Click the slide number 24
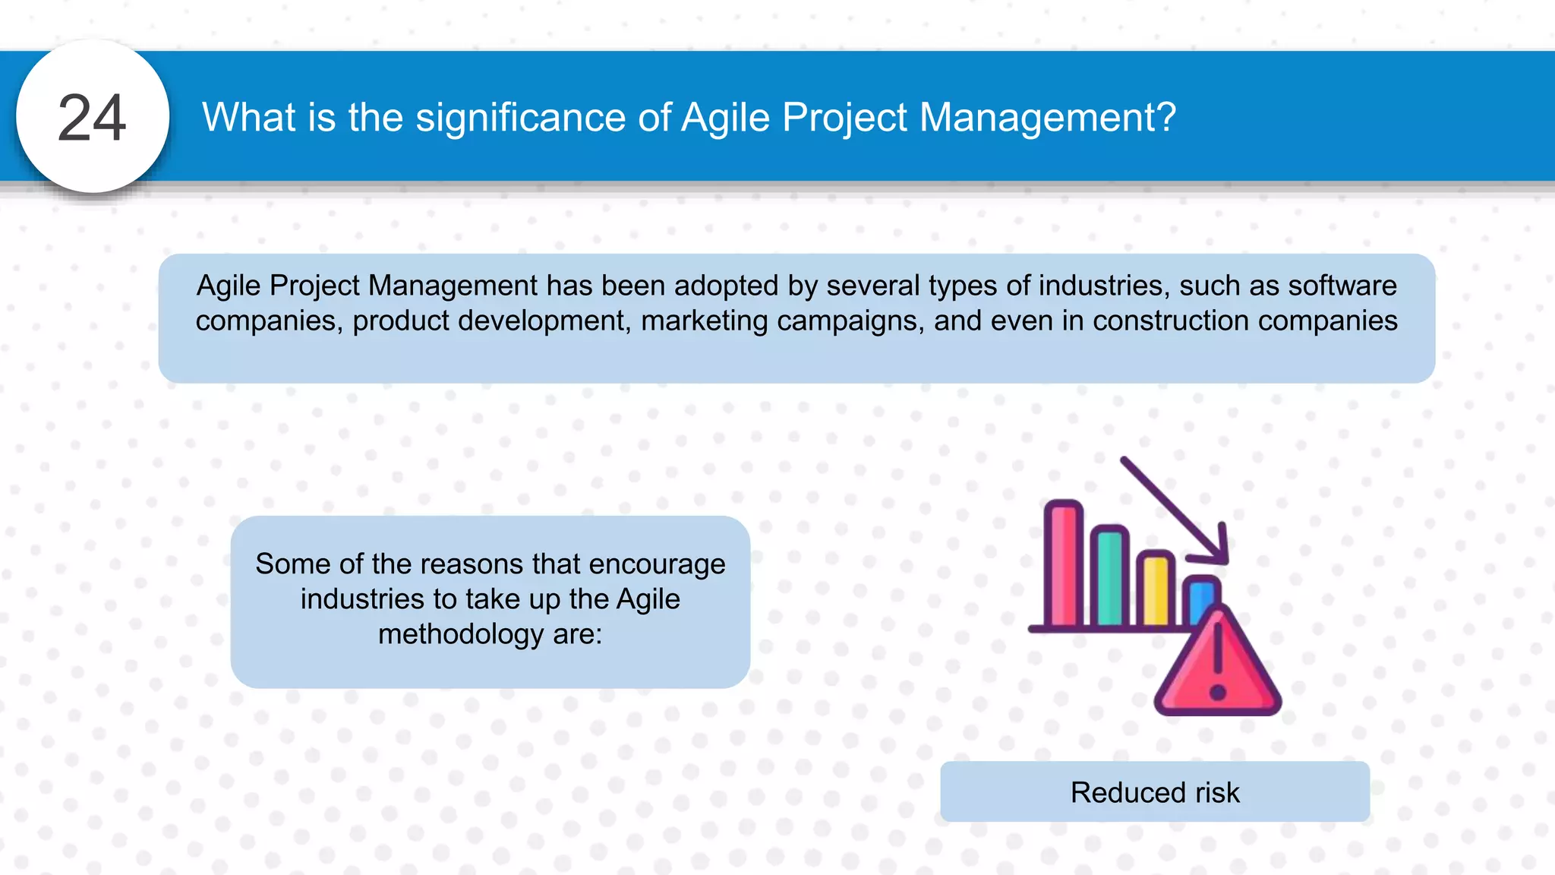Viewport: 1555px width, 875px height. point(92,118)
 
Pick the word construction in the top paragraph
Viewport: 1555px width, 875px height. point(1170,321)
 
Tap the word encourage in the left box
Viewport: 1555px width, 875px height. point(657,564)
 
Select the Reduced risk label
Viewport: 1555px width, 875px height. point(1155,792)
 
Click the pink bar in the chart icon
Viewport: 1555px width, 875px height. point(1063,566)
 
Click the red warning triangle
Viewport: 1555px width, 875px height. point(1218,668)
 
